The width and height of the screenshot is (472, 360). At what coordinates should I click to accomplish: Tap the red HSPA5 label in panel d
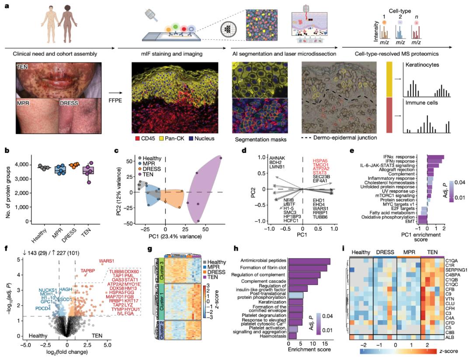[321, 161]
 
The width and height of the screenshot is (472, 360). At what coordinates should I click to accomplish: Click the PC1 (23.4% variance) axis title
[173, 236]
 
